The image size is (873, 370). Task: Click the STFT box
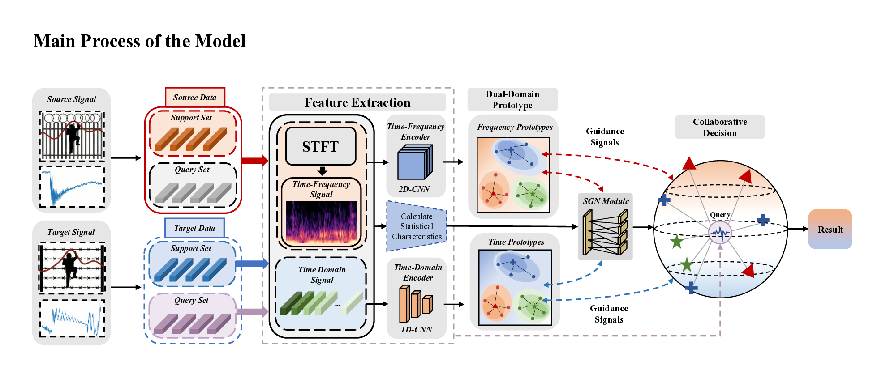click(321, 146)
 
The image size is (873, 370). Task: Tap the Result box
click(830, 230)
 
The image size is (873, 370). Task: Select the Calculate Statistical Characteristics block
click(417, 226)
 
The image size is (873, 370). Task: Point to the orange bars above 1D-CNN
click(415, 304)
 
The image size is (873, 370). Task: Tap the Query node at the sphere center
click(720, 232)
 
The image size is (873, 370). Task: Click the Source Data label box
click(195, 97)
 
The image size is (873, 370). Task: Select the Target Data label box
click(194, 228)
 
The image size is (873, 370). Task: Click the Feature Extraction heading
click(357, 102)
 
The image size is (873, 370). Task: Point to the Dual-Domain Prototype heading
click(512, 100)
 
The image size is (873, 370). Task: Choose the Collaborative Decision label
click(720, 128)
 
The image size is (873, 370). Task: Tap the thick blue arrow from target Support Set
click(251, 264)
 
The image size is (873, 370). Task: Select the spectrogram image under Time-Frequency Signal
click(322, 222)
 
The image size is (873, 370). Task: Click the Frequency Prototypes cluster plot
click(513, 174)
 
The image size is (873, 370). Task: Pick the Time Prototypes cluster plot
click(515, 287)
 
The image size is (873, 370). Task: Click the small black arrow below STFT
click(322, 171)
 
